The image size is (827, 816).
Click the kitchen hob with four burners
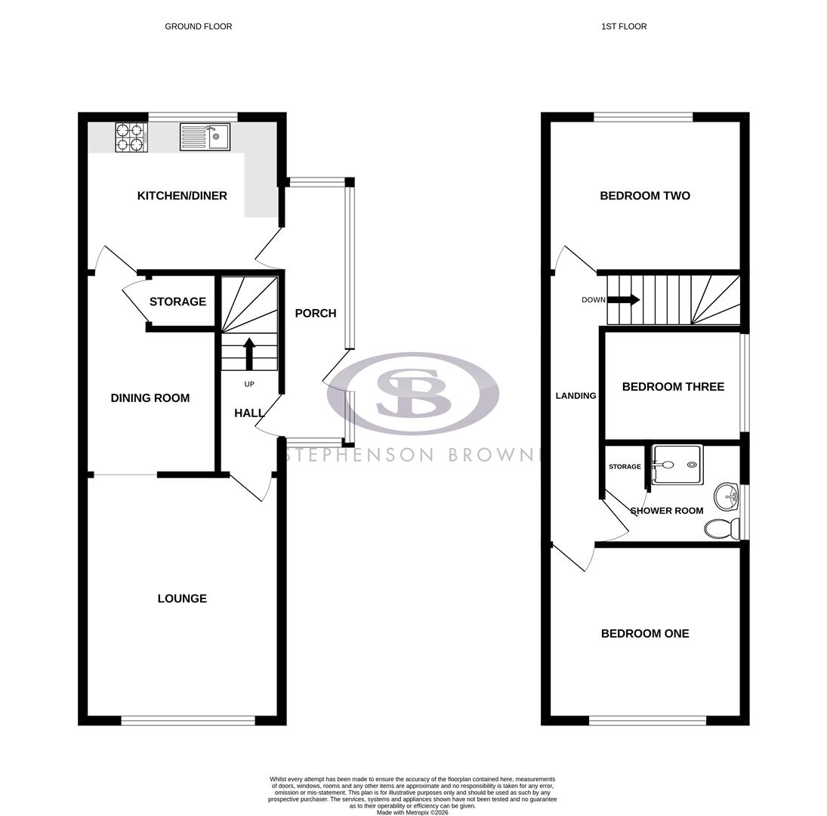tap(130, 138)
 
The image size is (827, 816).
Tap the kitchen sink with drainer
tap(205, 137)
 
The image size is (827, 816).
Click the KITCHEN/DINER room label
tap(182, 196)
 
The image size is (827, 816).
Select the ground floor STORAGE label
tap(177, 301)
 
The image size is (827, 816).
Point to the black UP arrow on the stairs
tap(249, 353)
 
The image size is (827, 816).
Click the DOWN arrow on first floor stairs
tap(623, 300)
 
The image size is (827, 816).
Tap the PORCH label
tap(315, 313)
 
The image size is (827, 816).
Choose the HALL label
tap(249, 413)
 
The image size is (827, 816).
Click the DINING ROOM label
tap(150, 398)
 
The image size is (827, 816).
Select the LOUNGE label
tap(182, 598)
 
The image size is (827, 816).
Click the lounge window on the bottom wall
tap(188, 721)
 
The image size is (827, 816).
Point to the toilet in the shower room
tap(721, 528)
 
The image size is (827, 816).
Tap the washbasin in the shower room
tap(728, 496)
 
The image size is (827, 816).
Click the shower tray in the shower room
tap(677, 465)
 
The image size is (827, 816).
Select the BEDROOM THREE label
tap(673, 387)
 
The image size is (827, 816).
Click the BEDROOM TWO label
tap(645, 196)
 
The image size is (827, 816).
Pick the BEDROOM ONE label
tap(645, 634)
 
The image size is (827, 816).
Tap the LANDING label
tap(576, 396)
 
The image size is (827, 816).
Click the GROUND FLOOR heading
tap(198, 26)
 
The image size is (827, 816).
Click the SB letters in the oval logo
tap(412, 393)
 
